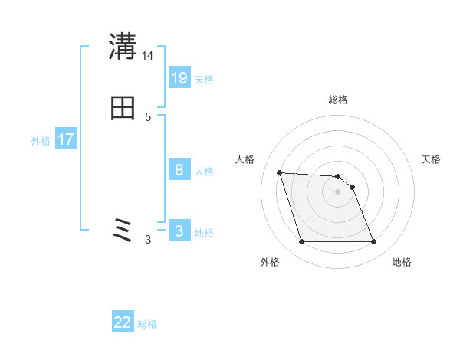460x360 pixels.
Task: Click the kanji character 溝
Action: [x=123, y=47]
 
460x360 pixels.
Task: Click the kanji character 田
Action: [x=123, y=109]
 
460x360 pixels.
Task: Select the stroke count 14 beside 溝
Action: [x=148, y=56]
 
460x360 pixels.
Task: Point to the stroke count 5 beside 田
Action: [x=148, y=117]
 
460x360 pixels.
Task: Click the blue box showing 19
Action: [x=179, y=78]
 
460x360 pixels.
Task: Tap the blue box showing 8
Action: [x=179, y=170]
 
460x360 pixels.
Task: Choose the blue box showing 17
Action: [x=66, y=139]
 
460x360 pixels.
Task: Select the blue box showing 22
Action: [x=123, y=322]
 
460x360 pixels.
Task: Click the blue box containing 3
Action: [x=179, y=231]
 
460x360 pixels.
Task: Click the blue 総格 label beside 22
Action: [x=148, y=324]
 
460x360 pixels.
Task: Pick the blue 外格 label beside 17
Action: [x=41, y=141]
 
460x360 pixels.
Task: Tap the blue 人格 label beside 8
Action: [x=204, y=172]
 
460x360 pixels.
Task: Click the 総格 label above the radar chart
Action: [x=338, y=100]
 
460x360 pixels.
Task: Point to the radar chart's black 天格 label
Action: [x=431, y=159]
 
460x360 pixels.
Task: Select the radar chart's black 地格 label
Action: [x=402, y=262]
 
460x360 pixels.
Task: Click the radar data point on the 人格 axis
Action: [x=280, y=172]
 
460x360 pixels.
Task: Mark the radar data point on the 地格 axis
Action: [x=374, y=242]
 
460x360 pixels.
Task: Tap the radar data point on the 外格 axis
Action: [x=301, y=242]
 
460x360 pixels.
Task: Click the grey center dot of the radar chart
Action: [x=338, y=191]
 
